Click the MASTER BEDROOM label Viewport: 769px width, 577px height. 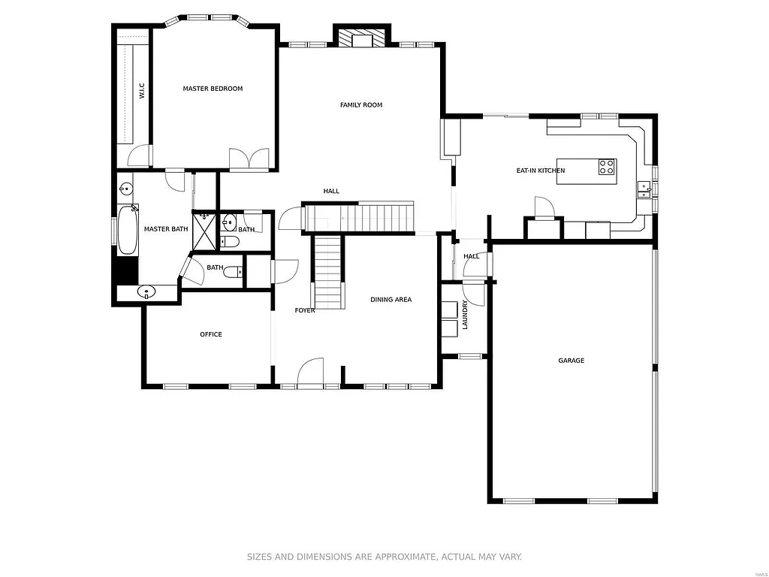[213, 89]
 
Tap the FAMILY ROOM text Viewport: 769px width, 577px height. [361, 105]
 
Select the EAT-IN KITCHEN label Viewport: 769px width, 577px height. [540, 171]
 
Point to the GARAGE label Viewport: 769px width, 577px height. [571, 361]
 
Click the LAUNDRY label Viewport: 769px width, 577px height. [466, 315]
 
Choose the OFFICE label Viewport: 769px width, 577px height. [211, 334]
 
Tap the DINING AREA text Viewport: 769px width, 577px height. [391, 300]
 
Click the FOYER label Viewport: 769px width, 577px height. [305, 310]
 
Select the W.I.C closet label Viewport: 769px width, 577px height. [141, 91]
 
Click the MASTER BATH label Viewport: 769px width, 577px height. [166, 229]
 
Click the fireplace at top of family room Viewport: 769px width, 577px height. [363, 38]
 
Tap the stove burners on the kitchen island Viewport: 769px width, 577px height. [607, 167]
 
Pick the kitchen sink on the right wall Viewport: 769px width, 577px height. [644, 189]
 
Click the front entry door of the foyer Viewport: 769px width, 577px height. [310, 373]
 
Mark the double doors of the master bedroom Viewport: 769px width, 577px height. [249, 159]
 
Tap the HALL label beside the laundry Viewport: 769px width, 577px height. [471, 256]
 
